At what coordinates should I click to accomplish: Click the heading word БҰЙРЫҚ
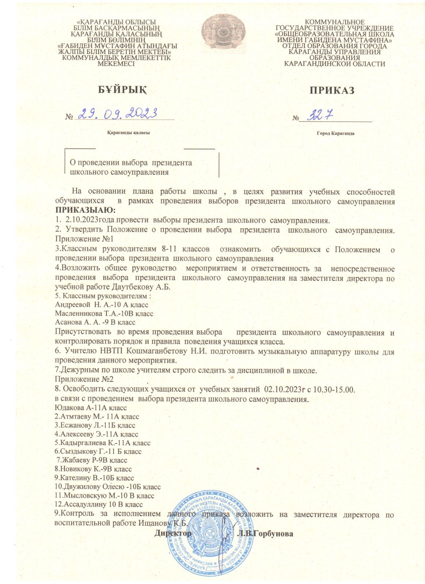(x=122, y=90)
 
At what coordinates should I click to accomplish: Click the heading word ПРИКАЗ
(x=332, y=91)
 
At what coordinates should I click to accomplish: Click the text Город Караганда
(x=335, y=133)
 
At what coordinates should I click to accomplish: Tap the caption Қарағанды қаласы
(x=128, y=132)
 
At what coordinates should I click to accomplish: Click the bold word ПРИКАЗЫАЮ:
(x=85, y=211)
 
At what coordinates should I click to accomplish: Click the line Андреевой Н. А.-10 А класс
(x=102, y=304)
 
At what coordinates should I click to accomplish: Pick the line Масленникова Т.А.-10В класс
(x=104, y=314)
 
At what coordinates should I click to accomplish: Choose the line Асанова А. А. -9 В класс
(x=95, y=322)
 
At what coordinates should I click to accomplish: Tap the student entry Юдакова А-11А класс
(x=91, y=408)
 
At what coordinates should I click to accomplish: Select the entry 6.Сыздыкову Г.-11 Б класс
(x=98, y=452)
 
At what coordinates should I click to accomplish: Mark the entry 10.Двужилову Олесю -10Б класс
(x=107, y=487)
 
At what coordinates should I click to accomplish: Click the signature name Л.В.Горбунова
(x=265, y=534)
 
